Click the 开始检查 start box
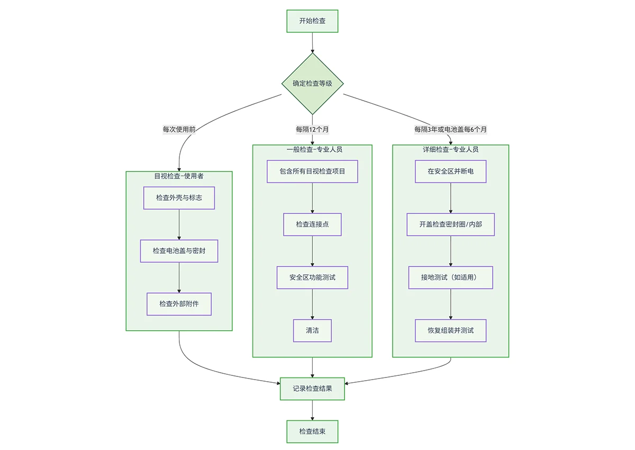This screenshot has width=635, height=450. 312,21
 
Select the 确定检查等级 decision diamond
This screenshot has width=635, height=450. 312,84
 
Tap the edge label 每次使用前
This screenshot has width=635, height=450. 179,129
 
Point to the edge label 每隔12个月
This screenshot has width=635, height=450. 312,129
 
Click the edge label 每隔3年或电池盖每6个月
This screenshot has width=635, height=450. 450,129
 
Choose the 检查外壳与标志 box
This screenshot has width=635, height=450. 179,198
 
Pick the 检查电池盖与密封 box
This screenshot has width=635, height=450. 179,251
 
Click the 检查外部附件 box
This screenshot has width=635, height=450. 179,304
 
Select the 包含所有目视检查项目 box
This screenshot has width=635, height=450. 312,172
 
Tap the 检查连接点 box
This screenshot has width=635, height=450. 312,224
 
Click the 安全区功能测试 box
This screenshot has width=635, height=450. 312,277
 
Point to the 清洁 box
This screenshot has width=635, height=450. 312,330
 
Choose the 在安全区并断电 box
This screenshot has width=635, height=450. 450,172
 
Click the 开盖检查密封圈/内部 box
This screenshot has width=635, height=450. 450,224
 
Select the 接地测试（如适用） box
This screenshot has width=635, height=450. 450,277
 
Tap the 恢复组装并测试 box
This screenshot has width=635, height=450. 450,330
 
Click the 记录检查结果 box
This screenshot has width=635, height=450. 312,389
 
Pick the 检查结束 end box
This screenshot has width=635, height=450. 312,431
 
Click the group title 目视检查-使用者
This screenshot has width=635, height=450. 179,176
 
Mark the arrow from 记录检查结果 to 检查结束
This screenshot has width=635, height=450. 312,410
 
